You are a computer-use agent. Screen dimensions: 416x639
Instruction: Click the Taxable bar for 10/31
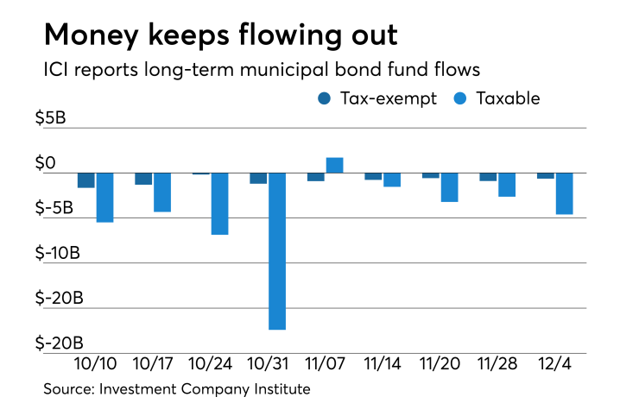pyautogui.click(x=277, y=250)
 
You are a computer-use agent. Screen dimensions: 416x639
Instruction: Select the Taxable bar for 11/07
pyautogui.click(x=334, y=165)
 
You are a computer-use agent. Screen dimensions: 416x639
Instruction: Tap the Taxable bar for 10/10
pyautogui.click(x=104, y=197)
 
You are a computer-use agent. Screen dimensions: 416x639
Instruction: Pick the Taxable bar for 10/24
pyautogui.click(x=219, y=203)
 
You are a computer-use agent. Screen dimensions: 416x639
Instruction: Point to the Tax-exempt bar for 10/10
pyautogui.click(x=86, y=180)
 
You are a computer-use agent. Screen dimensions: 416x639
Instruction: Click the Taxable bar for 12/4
pyautogui.click(x=564, y=193)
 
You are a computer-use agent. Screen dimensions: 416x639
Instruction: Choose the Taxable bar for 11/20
pyautogui.click(x=449, y=186)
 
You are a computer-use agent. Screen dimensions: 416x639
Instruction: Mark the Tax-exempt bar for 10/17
pyautogui.click(x=143, y=178)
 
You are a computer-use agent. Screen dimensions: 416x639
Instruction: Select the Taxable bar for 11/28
pyautogui.click(x=507, y=184)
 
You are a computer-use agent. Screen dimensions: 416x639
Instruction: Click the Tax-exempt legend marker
pyautogui.click(x=324, y=98)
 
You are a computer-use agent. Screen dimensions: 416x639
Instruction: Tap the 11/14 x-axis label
pyautogui.click(x=383, y=362)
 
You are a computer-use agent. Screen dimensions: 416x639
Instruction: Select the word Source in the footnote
pyautogui.click(x=67, y=390)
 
